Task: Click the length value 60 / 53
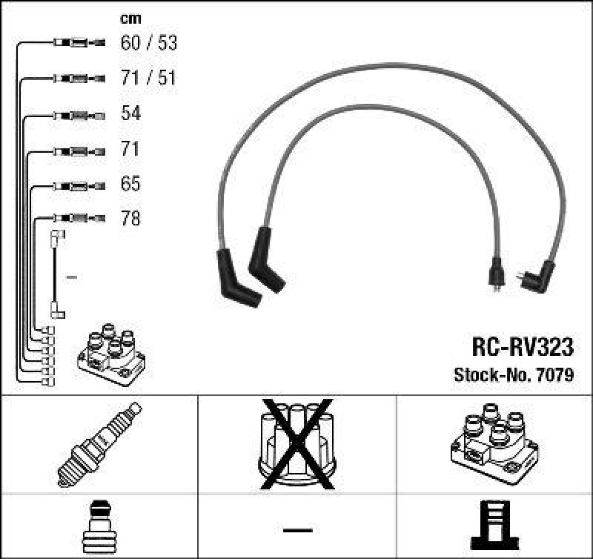(149, 43)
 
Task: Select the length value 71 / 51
(149, 78)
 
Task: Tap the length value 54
(130, 113)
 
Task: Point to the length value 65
(130, 184)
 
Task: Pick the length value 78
(130, 219)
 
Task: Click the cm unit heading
(130, 19)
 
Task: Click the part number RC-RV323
(522, 346)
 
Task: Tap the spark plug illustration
(99, 443)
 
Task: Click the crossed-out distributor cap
(296, 443)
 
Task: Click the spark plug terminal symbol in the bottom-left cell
(99, 528)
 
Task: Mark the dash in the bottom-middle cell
(296, 529)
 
